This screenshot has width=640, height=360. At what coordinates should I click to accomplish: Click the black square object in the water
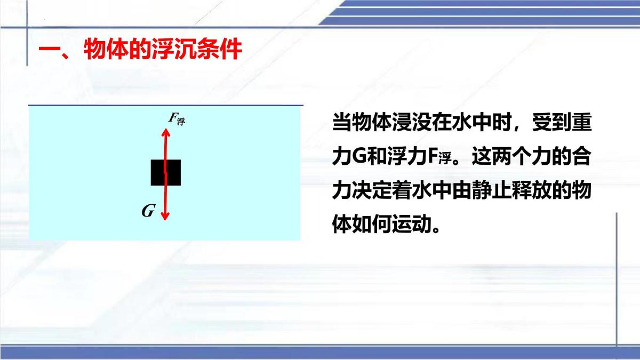165,172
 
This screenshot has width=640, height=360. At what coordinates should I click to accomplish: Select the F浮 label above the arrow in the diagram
177,119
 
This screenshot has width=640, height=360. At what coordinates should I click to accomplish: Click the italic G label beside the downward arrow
148,212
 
